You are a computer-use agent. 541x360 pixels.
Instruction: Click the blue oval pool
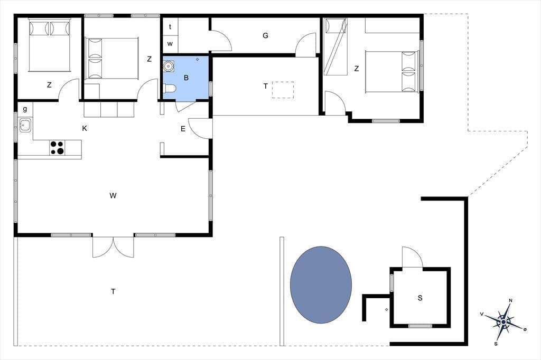(x=321, y=285)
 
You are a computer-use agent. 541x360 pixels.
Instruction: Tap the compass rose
(x=503, y=321)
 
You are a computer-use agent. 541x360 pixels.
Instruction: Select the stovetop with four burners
(x=57, y=148)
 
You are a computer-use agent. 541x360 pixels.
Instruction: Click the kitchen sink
(x=25, y=125)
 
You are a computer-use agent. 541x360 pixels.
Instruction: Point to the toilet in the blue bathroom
(x=170, y=89)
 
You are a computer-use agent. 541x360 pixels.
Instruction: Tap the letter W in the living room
(x=113, y=195)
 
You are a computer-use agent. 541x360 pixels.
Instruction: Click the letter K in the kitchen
(x=85, y=128)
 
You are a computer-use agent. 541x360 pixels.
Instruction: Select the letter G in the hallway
(x=265, y=35)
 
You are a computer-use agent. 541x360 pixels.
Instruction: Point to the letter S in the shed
(x=420, y=298)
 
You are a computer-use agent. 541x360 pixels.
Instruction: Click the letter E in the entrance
(x=183, y=129)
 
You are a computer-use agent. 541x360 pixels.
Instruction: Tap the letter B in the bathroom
(x=186, y=78)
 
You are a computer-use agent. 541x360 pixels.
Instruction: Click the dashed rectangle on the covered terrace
(x=283, y=90)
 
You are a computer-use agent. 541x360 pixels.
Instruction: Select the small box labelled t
(x=170, y=26)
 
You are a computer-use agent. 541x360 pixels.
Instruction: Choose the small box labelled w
(x=170, y=44)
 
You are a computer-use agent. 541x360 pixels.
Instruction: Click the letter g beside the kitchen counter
(x=25, y=109)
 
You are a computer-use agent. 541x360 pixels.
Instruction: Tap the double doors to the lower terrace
(x=113, y=247)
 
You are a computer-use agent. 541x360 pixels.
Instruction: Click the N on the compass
(x=511, y=300)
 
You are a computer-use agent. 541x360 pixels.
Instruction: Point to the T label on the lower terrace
(x=113, y=292)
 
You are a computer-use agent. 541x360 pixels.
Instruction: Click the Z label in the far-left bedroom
(x=49, y=85)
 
